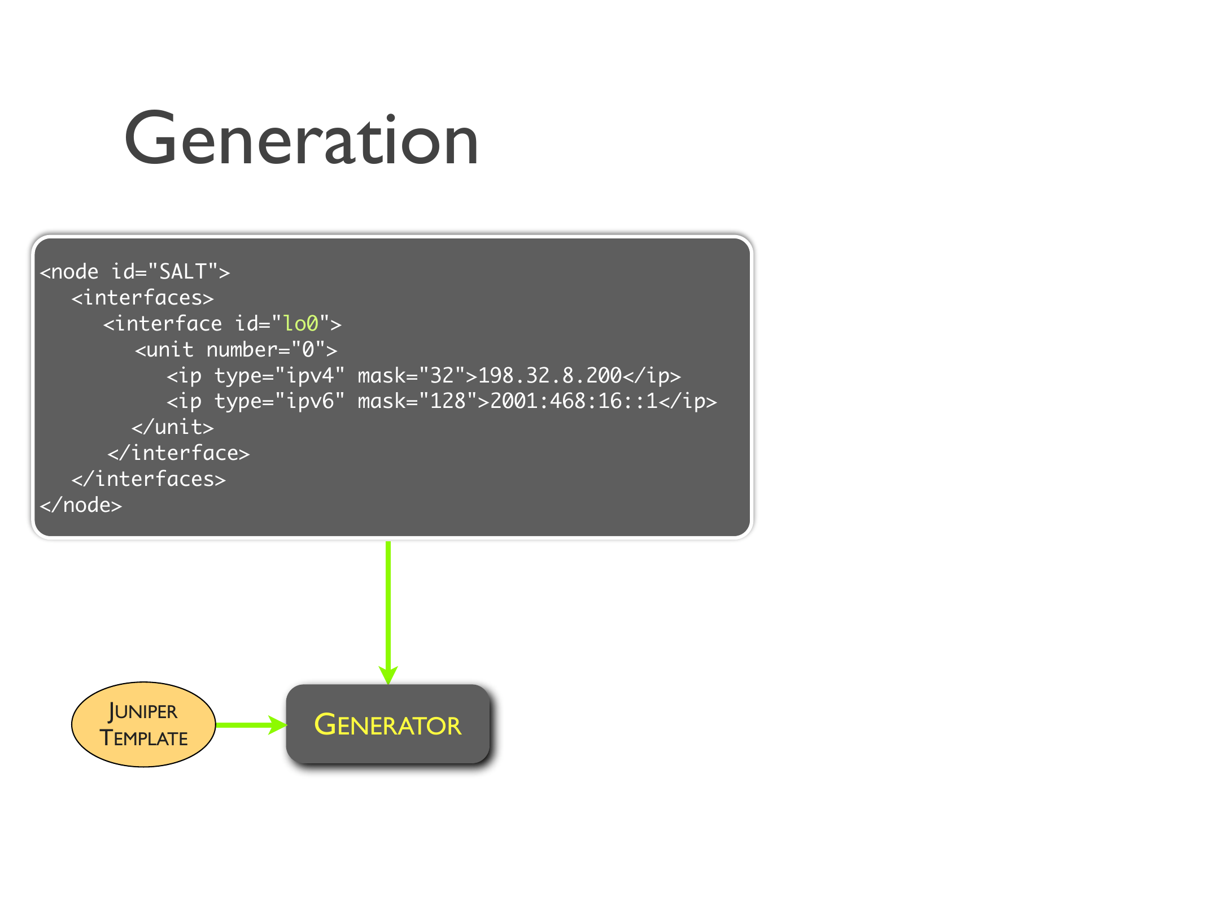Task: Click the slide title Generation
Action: coord(301,139)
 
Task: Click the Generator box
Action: coord(387,724)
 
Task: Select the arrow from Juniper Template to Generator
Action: coord(251,725)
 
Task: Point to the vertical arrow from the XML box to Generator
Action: coord(388,610)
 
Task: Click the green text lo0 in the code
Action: coord(300,324)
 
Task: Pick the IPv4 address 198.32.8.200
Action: coord(549,376)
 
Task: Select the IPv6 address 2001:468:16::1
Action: coord(573,401)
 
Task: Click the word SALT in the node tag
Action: coord(182,272)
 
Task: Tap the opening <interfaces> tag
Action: coord(142,298)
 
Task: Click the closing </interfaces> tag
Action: coord(149,479)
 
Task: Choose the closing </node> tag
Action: coord(81,505)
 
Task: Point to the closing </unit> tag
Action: coord(173,427)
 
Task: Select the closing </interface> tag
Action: coord(178,453)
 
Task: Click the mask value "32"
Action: coord(442,376)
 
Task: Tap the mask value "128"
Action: coord(448,401)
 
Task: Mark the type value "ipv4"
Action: coord(310,376)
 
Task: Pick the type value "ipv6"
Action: coord(310,401)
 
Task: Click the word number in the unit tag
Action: coord(242,350)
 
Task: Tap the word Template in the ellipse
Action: coord(143,738)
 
